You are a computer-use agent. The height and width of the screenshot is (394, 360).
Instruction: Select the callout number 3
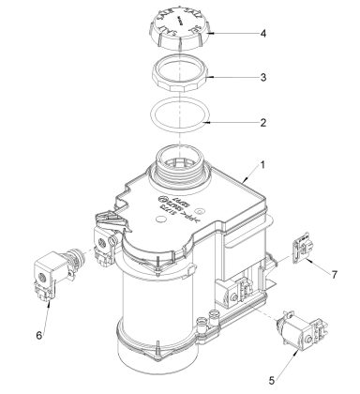pyautogui.click(x=264, y=78)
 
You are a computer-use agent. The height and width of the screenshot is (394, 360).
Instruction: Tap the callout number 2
pyautogui.click(x=264, y=122)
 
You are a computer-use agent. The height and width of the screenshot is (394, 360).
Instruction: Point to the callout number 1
pyautogui.click(x=264, y=165)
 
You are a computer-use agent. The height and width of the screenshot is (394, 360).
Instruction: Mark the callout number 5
pyautogui.click(x=274, y=381)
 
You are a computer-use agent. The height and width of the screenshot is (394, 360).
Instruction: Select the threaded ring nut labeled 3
pyautogui.click(x=180, y=79)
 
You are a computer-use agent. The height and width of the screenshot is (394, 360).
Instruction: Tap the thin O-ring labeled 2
pyautogui.click(x=180, y=122)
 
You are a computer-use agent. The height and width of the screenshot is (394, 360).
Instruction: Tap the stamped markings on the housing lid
pyautogui.click(x=178, y=205)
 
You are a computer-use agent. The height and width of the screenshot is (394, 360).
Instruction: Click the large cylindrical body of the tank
pyautogui.click(x=159, y=310)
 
